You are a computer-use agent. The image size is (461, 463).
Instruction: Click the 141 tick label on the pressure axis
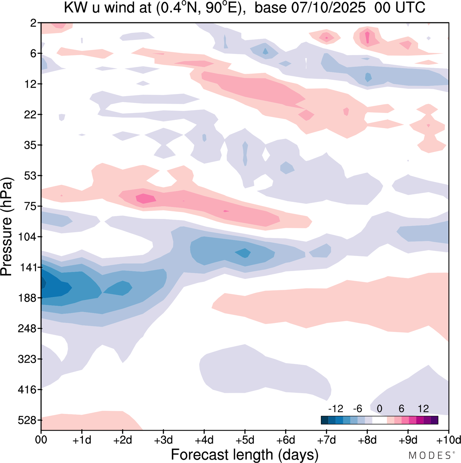pyautogui.click(x=28, y=268)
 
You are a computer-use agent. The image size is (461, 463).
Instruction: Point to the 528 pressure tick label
pyautogui.click(x=28, y=420)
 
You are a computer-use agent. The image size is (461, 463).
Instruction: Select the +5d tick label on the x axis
pyautogui.click(x=245, y=440)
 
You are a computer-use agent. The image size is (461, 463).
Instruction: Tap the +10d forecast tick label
pyautogui.click(x=448, y=440)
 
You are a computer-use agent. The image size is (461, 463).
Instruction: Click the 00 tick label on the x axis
pyautogui.click(x=41, y=440)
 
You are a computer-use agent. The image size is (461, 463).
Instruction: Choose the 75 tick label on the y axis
pyautogui.click(x=30, y=206)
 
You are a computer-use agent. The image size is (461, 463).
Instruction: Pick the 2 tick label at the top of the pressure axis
pyautogui.click(x=33, y=23)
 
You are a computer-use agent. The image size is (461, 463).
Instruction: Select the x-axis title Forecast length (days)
pyautogui.click(x=245, y=454)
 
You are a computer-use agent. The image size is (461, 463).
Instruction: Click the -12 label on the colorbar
pyautogui.click(x=335, y=409)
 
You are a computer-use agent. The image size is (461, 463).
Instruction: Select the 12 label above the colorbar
pyautogui.click(x=423, y=409)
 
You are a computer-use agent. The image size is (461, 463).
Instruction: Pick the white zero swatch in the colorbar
pyautogui.click(x=379, y=420)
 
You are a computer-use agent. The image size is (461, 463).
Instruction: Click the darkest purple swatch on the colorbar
pyautogui.click(x=434, y=420)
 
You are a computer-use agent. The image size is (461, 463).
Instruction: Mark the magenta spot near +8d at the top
pyautogui.click(x=367, y=37)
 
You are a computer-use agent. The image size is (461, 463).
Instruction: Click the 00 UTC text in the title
pyautogui.click(x=400, y=8)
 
